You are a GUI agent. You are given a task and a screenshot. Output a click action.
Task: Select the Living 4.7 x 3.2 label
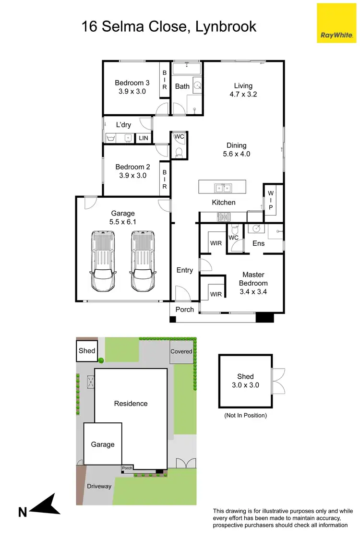coord(243,90)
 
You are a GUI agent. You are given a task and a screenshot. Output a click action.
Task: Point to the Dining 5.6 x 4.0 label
coord(237,150)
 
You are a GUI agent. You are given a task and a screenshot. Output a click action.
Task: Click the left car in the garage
coord(103,262)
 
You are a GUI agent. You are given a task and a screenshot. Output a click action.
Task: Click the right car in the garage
coord(143,262)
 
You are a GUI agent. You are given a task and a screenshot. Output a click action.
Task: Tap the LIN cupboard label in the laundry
coord(144,138)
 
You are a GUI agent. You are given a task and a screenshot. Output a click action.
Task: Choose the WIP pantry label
coord(270,200)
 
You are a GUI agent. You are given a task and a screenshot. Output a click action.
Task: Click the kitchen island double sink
coord(222,187)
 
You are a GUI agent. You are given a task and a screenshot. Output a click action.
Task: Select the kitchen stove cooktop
coord(224,216)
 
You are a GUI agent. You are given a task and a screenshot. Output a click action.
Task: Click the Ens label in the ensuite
coord(258,243)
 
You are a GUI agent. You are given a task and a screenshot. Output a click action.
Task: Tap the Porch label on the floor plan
coord(184,310)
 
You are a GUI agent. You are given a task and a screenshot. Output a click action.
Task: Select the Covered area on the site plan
coord(181,351)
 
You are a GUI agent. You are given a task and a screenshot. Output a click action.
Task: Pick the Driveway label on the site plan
coord(99,486)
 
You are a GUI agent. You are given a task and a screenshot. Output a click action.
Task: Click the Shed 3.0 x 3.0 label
coord(245,381)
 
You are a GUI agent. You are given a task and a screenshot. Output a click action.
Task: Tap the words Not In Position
coord(245,415)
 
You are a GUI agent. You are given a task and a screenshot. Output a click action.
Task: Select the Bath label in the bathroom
coord(182,86)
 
